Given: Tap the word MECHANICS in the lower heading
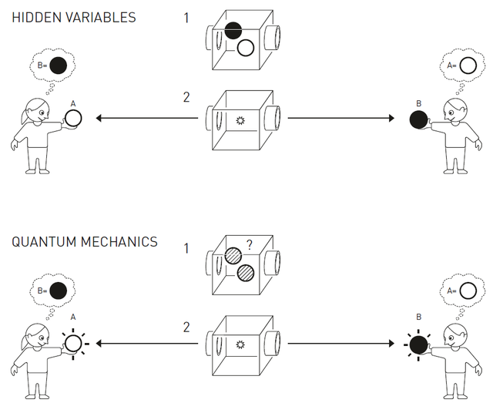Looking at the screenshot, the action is coord(119,242).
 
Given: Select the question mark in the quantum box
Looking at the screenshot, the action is coord(250,244).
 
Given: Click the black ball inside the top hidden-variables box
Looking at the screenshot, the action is coord(233,31).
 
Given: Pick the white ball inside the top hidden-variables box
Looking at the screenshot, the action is coord(246,48).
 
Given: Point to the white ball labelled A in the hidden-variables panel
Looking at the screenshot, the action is coord(73,119).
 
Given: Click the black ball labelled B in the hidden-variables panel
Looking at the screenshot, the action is coord(419,119).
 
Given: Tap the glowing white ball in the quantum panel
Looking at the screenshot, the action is coord(73,344).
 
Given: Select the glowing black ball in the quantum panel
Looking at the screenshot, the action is coord(419,344).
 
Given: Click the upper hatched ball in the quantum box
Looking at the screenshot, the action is coord(233,256).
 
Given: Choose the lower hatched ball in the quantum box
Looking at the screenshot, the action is coord(246,273).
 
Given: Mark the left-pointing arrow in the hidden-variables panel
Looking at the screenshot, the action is coord(147,119).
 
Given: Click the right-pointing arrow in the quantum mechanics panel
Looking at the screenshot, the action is coord(340,343).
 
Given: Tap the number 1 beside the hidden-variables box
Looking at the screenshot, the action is coord(186,18).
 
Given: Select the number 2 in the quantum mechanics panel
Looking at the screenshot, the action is coord(186,327).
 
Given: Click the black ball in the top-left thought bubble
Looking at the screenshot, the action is coord(59,65).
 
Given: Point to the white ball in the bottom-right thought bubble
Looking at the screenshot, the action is coord(468,290).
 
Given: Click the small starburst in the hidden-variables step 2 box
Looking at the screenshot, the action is coord(240,120).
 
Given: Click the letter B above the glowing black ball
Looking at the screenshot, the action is coord(418,317).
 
